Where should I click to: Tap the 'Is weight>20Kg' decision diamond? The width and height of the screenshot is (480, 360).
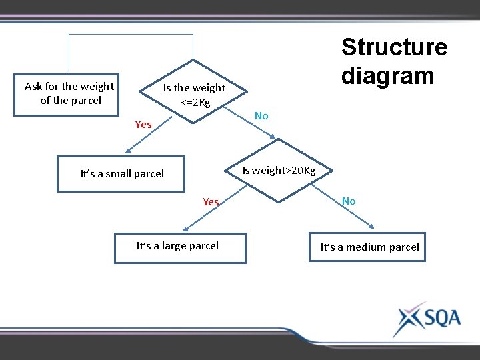pyautogui.click(x=279, y=170)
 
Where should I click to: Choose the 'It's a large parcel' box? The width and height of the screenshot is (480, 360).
pyautogui.click(x=179, y=247)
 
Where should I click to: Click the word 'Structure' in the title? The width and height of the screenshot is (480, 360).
pyautogui.click(x=394, y=47)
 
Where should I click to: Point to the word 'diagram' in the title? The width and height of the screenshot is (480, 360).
pyautogui.click(x=387, y=75)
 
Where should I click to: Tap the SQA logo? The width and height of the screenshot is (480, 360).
pyautogui.click(x=427, y=319)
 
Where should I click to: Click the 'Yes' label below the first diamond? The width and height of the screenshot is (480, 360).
pyautogui.click(x=143, y=125)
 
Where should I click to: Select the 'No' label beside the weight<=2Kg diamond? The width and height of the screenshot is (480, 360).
pyautogui.click(x=261, y=116)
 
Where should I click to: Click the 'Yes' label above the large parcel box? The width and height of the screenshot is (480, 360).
pyautogui.click(x=211, y=202)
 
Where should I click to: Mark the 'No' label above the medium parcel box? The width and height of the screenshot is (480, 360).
pyautogui.click(x=349, y=201)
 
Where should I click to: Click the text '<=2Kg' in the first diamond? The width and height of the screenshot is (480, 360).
pyautogui.click(x=195, y=103)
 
